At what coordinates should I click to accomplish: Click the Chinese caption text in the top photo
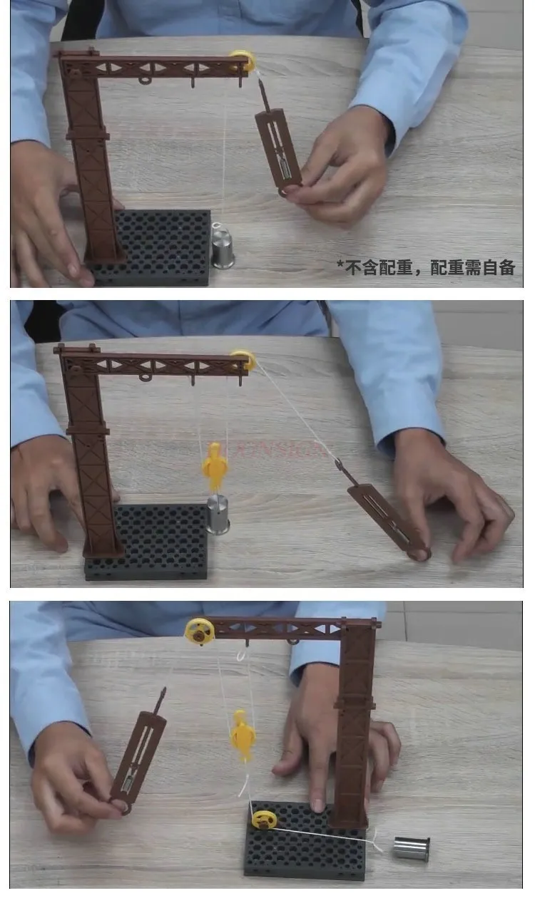click(426, 267)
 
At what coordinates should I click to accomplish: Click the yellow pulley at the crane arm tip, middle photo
click(243, 361)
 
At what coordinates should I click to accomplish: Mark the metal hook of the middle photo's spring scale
click(341, 468)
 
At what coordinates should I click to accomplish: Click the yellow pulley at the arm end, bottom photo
click(199, 631)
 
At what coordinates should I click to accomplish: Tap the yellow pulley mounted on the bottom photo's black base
click(264, 820)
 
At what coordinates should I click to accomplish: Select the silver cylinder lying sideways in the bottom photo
click(412, 848)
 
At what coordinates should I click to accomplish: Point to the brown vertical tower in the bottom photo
click(354, 727)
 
